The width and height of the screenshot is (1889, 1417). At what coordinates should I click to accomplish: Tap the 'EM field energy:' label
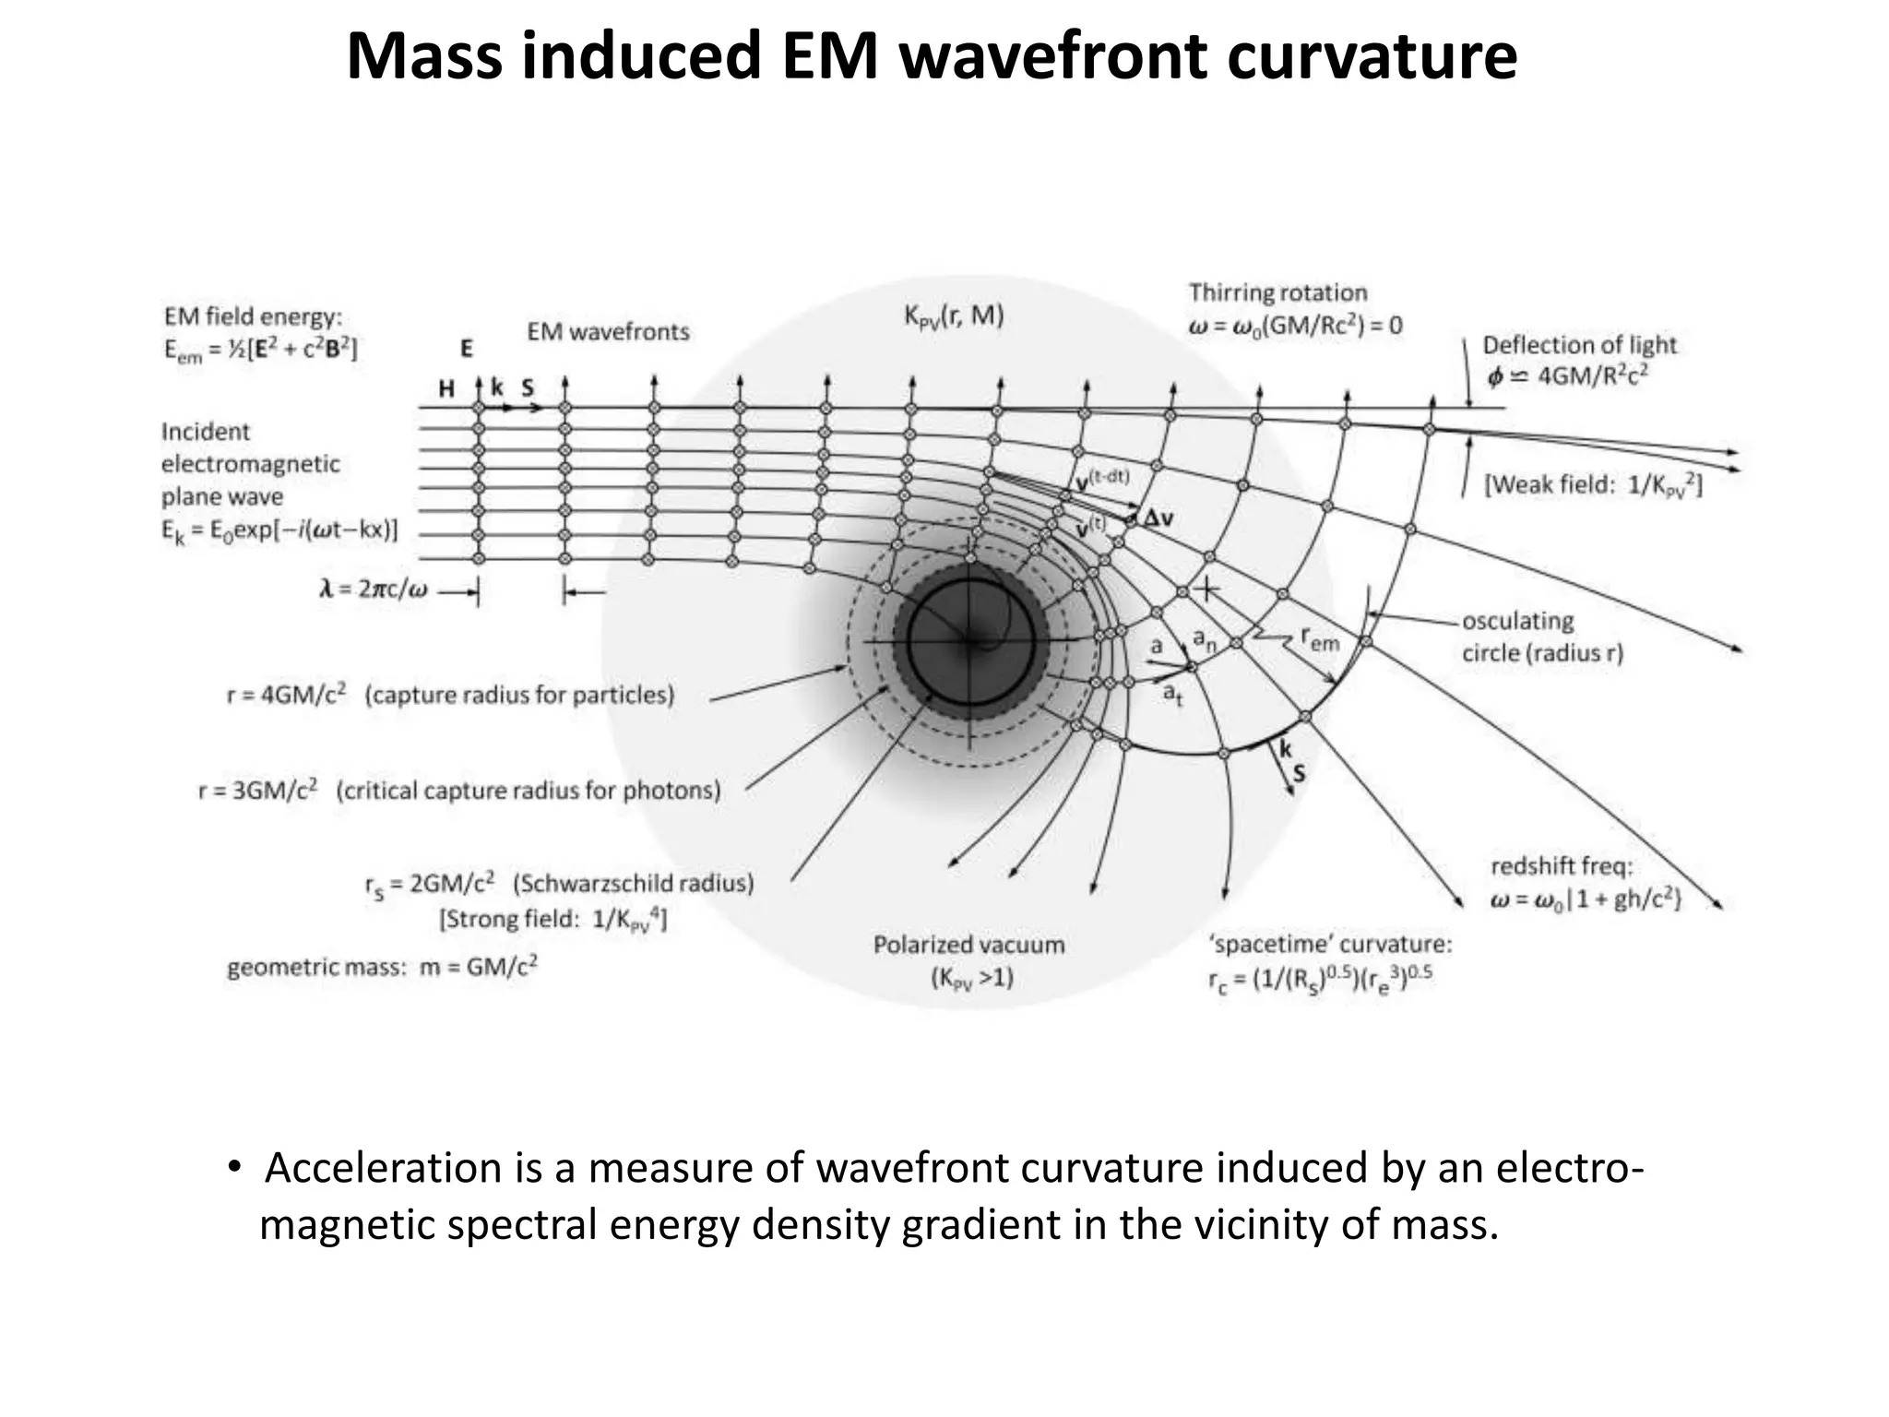pos(253,316)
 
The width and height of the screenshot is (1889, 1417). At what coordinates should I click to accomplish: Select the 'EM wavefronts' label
pos(608,331)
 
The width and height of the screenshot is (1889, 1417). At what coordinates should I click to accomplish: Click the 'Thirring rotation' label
pos(1277,292)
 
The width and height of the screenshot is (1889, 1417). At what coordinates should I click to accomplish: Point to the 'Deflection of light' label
pos(1579,345)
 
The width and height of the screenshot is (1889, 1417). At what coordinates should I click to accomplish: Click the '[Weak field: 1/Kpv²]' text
pos(1593,485)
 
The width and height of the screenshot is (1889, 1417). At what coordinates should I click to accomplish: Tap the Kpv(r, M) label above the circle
pos(953,316)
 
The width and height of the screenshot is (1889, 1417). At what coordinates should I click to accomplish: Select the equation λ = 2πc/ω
pos(374,589)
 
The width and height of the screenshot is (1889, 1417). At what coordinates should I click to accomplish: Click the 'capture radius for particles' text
pos(519,695)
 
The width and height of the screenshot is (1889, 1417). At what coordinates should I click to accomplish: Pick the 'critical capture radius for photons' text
pos(529,791)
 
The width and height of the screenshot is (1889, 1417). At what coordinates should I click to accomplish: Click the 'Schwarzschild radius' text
pos(633,884)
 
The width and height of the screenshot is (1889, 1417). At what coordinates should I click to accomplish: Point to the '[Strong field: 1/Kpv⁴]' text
pos(552,920)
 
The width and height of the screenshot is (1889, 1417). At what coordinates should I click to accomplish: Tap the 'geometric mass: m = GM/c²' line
pos(382,967)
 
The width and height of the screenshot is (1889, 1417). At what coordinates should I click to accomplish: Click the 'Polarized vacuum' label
pos(968,945)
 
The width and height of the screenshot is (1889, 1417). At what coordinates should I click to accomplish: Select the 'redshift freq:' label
pos(1562,866)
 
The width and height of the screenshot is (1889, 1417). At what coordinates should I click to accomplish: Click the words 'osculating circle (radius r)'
pos(1541,637)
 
